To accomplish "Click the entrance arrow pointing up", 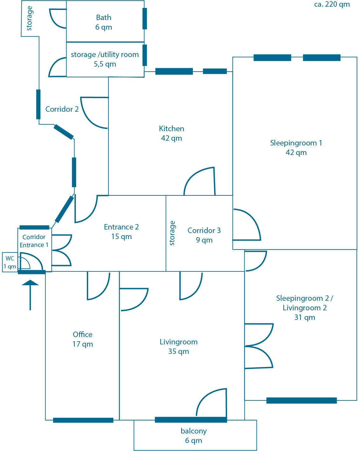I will pos(30,294).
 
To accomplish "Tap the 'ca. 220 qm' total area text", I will pos(332,4).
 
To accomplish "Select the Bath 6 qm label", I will pos(104,22).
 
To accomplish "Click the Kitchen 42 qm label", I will pos(171,133).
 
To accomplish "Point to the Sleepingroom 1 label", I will pos(296,147).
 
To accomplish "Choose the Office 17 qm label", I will pos(83,339).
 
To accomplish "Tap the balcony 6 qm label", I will pos(194,435).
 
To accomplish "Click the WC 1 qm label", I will pos(10,262).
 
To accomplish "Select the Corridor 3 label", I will pos(204,235).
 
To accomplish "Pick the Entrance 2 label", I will pos(121,231).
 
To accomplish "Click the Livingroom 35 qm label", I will pos(178,346).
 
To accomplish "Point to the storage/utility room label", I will pos(105,59).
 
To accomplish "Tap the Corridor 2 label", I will pos(62,109).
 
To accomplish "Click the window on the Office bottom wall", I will pos(83,420).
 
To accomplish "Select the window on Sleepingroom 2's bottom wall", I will pos(301,400).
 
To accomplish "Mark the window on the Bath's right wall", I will pos(145,18).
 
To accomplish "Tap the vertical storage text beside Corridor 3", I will pos(172,233).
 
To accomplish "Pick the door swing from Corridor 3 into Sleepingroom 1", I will pos(247,224).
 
